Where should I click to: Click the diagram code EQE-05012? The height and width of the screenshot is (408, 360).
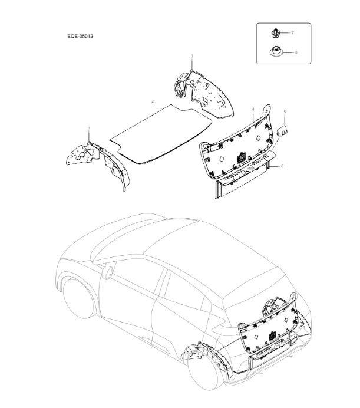[81, 36]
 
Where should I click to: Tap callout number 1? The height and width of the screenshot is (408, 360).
[89, 128]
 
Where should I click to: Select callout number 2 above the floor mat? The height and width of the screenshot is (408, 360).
[153, 101]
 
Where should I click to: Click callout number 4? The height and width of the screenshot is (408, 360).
[253, 110]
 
